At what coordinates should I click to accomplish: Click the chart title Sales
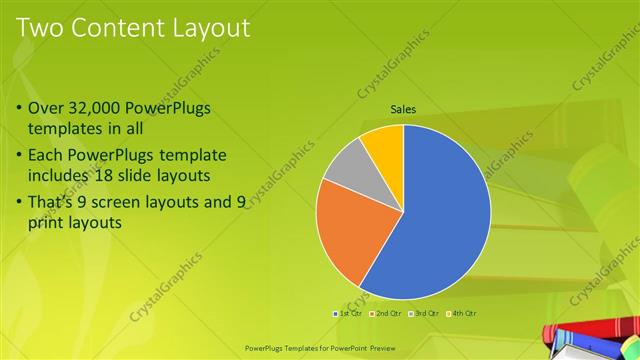(403, 109)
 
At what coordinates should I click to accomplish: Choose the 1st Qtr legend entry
(347, 314)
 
